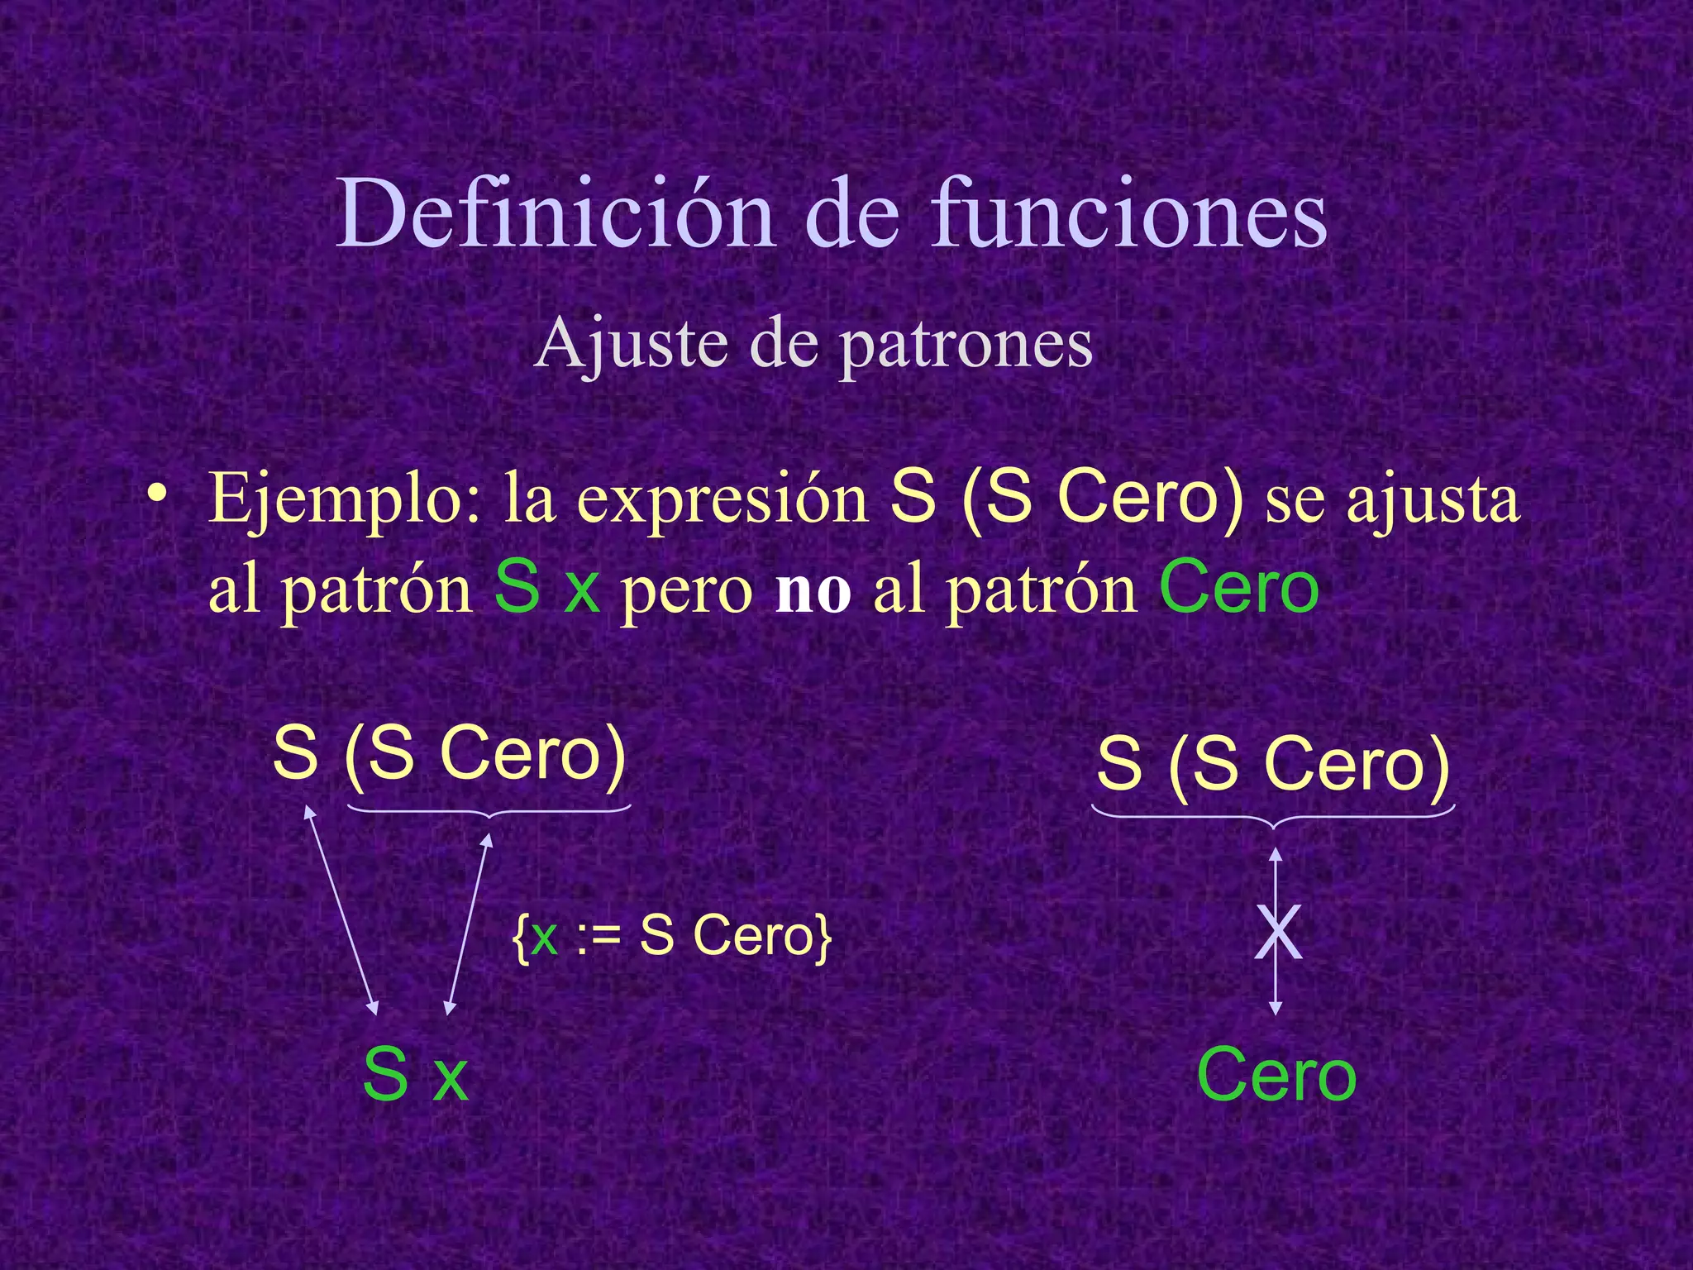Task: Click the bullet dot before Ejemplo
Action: click(x=156, y=494)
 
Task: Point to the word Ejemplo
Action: click(x=344, y=499)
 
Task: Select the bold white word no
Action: click(x=813, y=590)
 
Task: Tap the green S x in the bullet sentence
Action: click(x=546, y=587)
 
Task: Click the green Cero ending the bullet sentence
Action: click(x=1238, y=587)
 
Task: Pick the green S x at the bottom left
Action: click(x=415, y=1075)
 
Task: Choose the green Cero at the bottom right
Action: click(x=1276, y=1075)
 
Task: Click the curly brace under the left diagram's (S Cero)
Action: click(x=489, y=811)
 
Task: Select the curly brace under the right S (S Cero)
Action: click(x=1273, y=818)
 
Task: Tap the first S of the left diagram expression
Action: click(x=295, y=752)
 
